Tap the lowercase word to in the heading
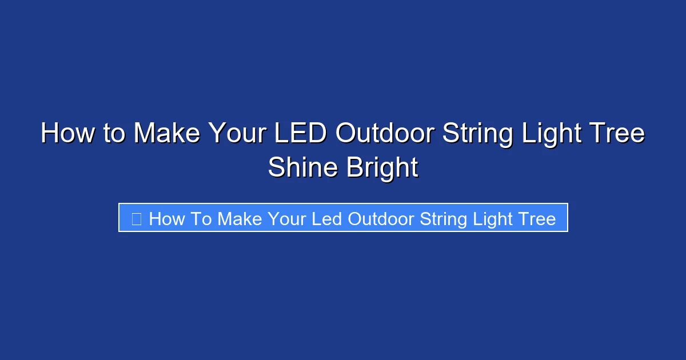point(114,134)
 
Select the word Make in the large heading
point(166,134)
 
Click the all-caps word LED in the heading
point(301,134)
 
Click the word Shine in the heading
point(302,168)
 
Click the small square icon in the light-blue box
point(136,219)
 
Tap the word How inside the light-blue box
point(167,219)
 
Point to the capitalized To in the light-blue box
point(201,219)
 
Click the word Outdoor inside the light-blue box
point(381,219)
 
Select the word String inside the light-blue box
point(444,219)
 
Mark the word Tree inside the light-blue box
point(537,219)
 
